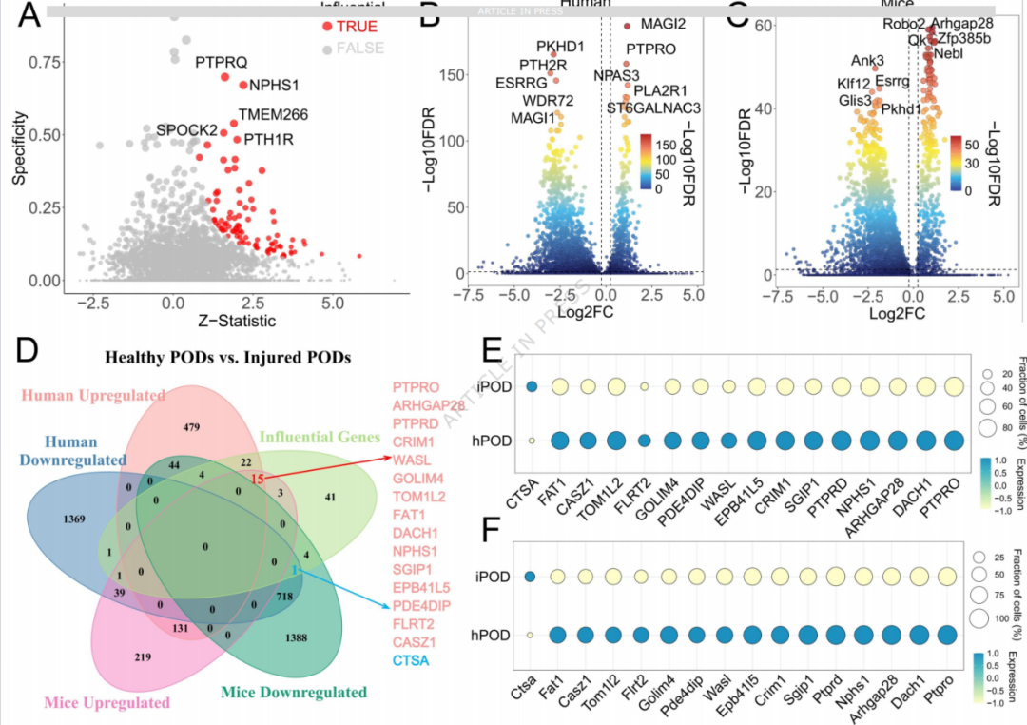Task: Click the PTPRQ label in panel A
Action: point(221,63)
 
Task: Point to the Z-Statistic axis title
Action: point(230,321)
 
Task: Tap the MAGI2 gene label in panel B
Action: point(663,23)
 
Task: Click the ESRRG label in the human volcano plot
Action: point(521,82)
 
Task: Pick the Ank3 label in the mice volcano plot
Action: point(866,60)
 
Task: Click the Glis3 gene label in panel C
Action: point(855,100)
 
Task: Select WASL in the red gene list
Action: point(410,460)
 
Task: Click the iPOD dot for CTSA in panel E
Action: point(533,386)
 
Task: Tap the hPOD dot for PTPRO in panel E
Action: point(954,441)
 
